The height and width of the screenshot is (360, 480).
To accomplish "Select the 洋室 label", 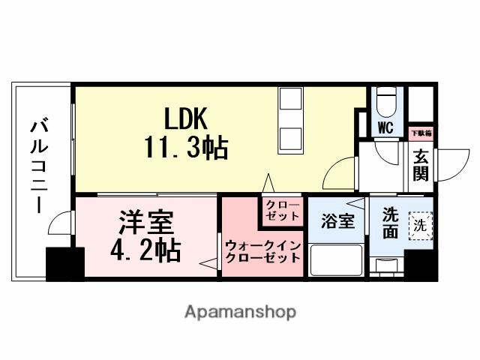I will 146,223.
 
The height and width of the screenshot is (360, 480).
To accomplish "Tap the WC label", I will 385,127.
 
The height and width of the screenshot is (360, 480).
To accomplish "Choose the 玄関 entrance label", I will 420,166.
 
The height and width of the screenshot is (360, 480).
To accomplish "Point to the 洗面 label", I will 390,223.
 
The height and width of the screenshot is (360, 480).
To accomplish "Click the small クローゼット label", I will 281,210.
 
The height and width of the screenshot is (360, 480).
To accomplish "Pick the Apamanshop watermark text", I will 240,310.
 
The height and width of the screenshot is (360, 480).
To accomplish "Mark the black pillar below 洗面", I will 420,265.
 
